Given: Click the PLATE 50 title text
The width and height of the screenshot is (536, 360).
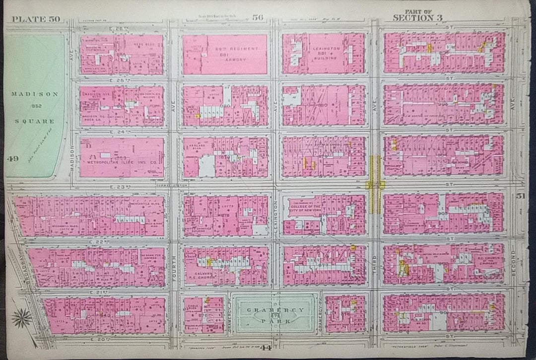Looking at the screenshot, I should tap(35, 19).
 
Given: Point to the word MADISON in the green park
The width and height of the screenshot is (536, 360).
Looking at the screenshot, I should tap(35, 94).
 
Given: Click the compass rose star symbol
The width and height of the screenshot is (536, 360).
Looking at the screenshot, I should tap(22, 318).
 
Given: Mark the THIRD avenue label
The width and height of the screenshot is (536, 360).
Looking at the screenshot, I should tap(375, 261).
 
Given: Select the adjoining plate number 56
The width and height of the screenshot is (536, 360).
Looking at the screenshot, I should tap(257, 18).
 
